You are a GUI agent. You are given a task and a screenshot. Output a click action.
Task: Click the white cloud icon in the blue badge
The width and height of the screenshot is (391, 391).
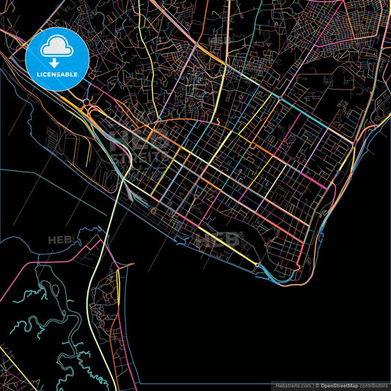56,48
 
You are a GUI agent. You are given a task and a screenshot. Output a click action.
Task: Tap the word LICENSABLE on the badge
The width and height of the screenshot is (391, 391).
56,74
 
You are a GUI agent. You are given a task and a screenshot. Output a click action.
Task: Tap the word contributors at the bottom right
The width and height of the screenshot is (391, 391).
374,385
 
